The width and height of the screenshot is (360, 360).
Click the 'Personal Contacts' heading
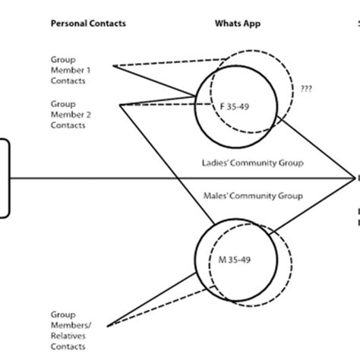point(88,24)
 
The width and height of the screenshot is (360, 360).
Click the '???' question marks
point(307,88)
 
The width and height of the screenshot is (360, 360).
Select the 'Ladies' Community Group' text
point(251,162)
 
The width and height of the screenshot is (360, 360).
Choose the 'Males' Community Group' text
point(251,196)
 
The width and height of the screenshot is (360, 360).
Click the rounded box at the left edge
point(4,178)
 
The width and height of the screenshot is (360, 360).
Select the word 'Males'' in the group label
point(217,196)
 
